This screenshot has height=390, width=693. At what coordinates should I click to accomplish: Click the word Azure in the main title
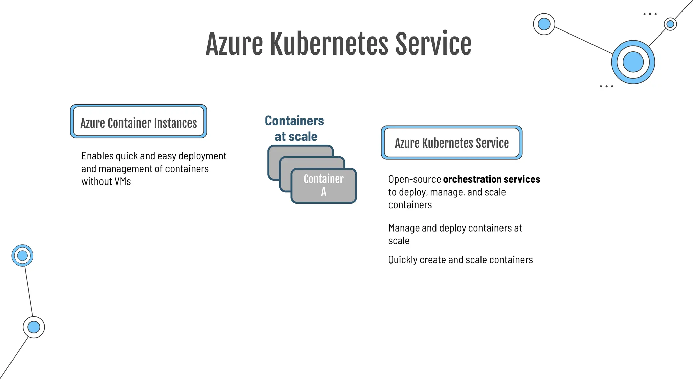point(234,44)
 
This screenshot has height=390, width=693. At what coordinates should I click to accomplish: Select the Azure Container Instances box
point(138,122)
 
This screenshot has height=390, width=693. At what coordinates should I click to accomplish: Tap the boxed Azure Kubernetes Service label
point(451,143)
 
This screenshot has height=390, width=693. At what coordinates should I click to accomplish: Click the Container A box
point(323,186)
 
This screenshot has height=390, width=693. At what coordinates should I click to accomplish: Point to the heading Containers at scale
point(294,128)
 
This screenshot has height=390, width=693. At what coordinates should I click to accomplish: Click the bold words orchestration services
point(491,179)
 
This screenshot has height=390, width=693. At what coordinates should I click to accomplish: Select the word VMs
point(122,181)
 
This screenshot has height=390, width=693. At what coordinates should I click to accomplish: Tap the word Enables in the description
point(97,156)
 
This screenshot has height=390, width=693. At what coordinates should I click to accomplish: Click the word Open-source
point(415,179)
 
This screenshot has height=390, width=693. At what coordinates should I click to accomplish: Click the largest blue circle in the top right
point(633,62)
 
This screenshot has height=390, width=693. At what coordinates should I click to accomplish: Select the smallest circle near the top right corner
point(670,24)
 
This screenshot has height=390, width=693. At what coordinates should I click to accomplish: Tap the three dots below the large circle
point(606,86)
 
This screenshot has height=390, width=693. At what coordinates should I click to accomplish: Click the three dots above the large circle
point(650,14)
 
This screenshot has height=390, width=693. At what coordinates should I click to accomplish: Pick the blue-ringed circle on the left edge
point(22,256)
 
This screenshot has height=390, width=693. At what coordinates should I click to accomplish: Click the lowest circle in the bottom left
point(34,327)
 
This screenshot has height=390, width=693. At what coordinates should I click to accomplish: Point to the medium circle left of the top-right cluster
point(544,24)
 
